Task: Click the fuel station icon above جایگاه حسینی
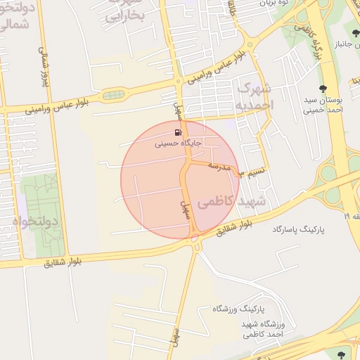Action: click(178, 131)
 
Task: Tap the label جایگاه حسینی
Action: click(178, 142)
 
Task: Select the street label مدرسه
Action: click(219, 167)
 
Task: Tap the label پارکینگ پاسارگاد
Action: click(302, 230)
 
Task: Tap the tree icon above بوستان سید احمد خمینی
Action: click(322, 89)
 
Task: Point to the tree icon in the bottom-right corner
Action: click(342, 354)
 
